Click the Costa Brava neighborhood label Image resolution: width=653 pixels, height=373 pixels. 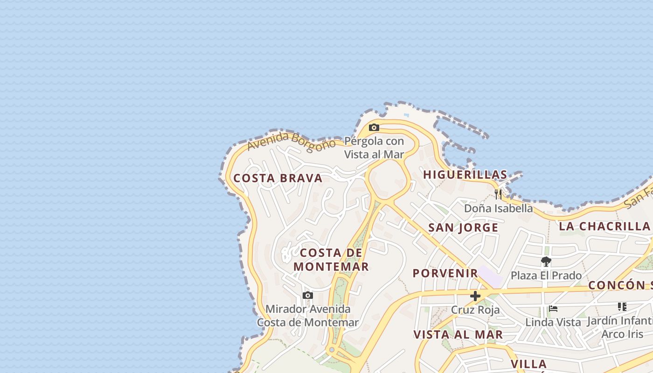(278, 178)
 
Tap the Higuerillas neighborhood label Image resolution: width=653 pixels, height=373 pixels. (465, 175)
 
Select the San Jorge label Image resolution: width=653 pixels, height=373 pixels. (463, 228)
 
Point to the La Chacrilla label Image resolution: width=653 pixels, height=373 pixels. (604, 227)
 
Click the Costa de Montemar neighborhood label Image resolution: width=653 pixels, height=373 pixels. (331, 260)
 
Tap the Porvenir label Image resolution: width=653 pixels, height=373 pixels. (445, 273)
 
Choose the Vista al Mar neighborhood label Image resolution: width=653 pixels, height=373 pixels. (458, 334)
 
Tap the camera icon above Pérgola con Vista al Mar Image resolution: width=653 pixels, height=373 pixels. (374, 127)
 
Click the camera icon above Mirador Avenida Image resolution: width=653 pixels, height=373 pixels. (307, 295)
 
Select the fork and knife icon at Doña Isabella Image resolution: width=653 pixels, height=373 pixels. (498, 194)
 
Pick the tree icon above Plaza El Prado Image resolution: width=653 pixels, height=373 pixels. (546, 262)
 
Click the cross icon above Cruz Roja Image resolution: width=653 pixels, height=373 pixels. (475, 296)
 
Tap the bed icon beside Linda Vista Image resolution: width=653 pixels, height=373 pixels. (553, 308)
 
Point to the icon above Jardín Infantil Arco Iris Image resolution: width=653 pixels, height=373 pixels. (622, 307)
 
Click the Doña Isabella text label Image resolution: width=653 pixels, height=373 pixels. (498, 208)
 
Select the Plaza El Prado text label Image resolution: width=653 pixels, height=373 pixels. (546, 276)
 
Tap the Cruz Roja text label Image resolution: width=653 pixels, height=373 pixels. (475, 310)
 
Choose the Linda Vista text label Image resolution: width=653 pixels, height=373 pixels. (553, 322)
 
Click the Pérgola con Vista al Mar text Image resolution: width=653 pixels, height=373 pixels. (374, 147)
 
